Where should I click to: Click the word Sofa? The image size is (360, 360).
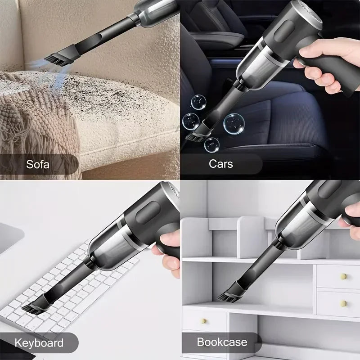point(38,163)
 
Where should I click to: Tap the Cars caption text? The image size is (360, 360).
point(220,163)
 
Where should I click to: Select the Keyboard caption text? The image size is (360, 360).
point(39,343)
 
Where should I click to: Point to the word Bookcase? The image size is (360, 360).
point(222,342)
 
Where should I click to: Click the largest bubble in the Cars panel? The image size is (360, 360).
point(234,122)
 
